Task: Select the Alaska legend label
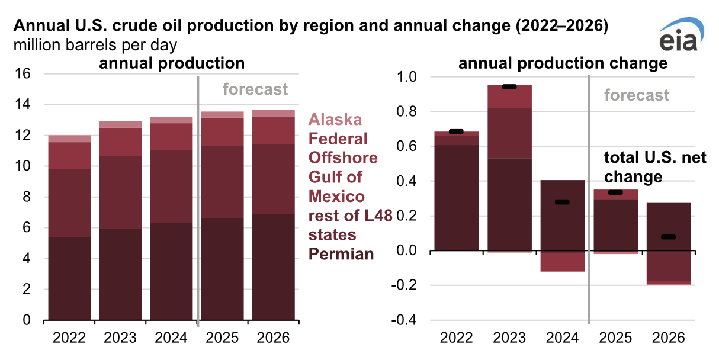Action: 335,120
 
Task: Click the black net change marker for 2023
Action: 509,87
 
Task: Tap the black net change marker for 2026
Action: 668,237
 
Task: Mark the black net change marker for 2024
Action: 562,202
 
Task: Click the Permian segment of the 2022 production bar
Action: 69,278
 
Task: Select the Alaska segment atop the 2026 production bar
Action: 273,113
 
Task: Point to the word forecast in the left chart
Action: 255,89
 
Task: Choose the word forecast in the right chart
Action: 637,95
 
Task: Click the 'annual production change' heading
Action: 563,63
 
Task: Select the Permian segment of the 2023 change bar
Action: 509,204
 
